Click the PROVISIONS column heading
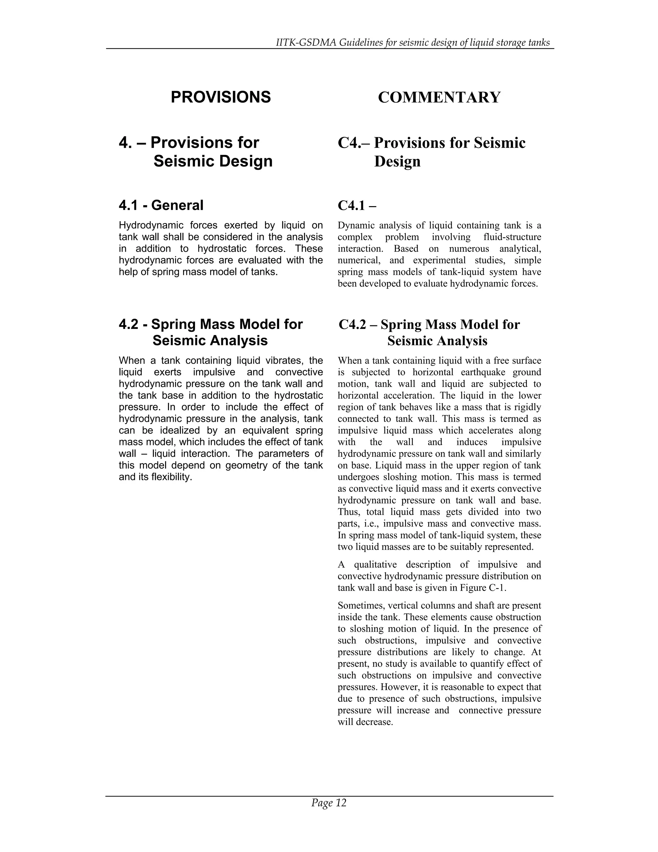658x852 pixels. pos(221,97)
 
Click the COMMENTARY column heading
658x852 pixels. pos(439,97)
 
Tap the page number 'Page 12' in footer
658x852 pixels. pos(329,802)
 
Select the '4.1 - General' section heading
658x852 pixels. pos(161,205)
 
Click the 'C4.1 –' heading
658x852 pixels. pos(357,205)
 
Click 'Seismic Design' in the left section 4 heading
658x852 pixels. pos(213,161)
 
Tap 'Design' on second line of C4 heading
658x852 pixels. pos(397,161)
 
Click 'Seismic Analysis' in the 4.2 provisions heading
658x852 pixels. pos(210,340)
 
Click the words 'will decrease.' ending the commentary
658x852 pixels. pos(365,722)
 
